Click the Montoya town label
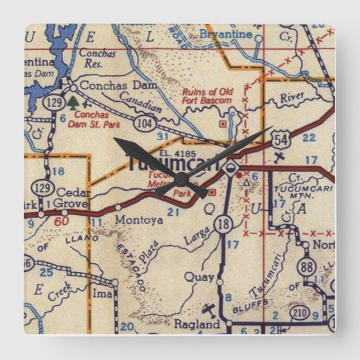[139, 220]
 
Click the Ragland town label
[196, 325]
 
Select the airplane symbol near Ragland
[209, 309]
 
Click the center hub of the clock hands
[181, 178]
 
